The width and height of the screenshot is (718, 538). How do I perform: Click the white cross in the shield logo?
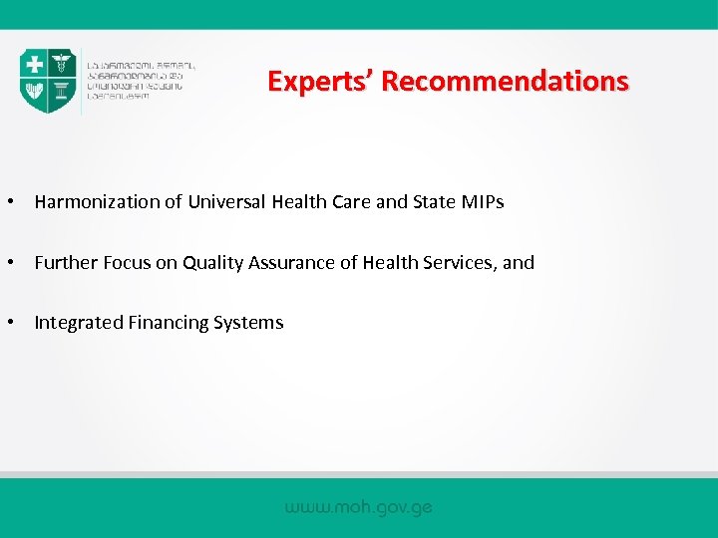[35, 64]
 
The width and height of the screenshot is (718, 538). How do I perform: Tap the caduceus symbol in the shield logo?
[62, 64]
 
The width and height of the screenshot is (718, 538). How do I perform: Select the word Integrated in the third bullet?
[79, 323]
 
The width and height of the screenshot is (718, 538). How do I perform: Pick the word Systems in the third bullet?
[248, 323]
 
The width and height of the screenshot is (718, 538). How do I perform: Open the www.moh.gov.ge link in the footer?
[358, 507]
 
